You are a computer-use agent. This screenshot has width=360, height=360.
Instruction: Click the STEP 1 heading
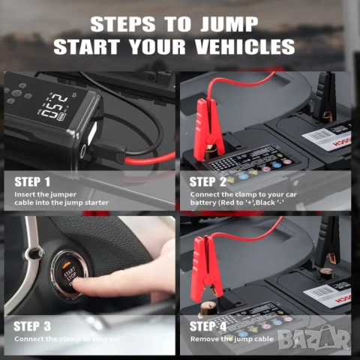[33, 181]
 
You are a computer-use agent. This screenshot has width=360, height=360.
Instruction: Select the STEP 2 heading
[208, 181]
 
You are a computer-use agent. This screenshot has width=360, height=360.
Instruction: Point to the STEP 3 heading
[33, 326]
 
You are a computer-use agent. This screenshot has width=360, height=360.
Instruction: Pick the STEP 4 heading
[208, 326]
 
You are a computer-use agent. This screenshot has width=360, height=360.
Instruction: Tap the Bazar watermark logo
[321, 340]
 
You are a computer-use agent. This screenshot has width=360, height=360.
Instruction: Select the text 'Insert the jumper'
[44, 194]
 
